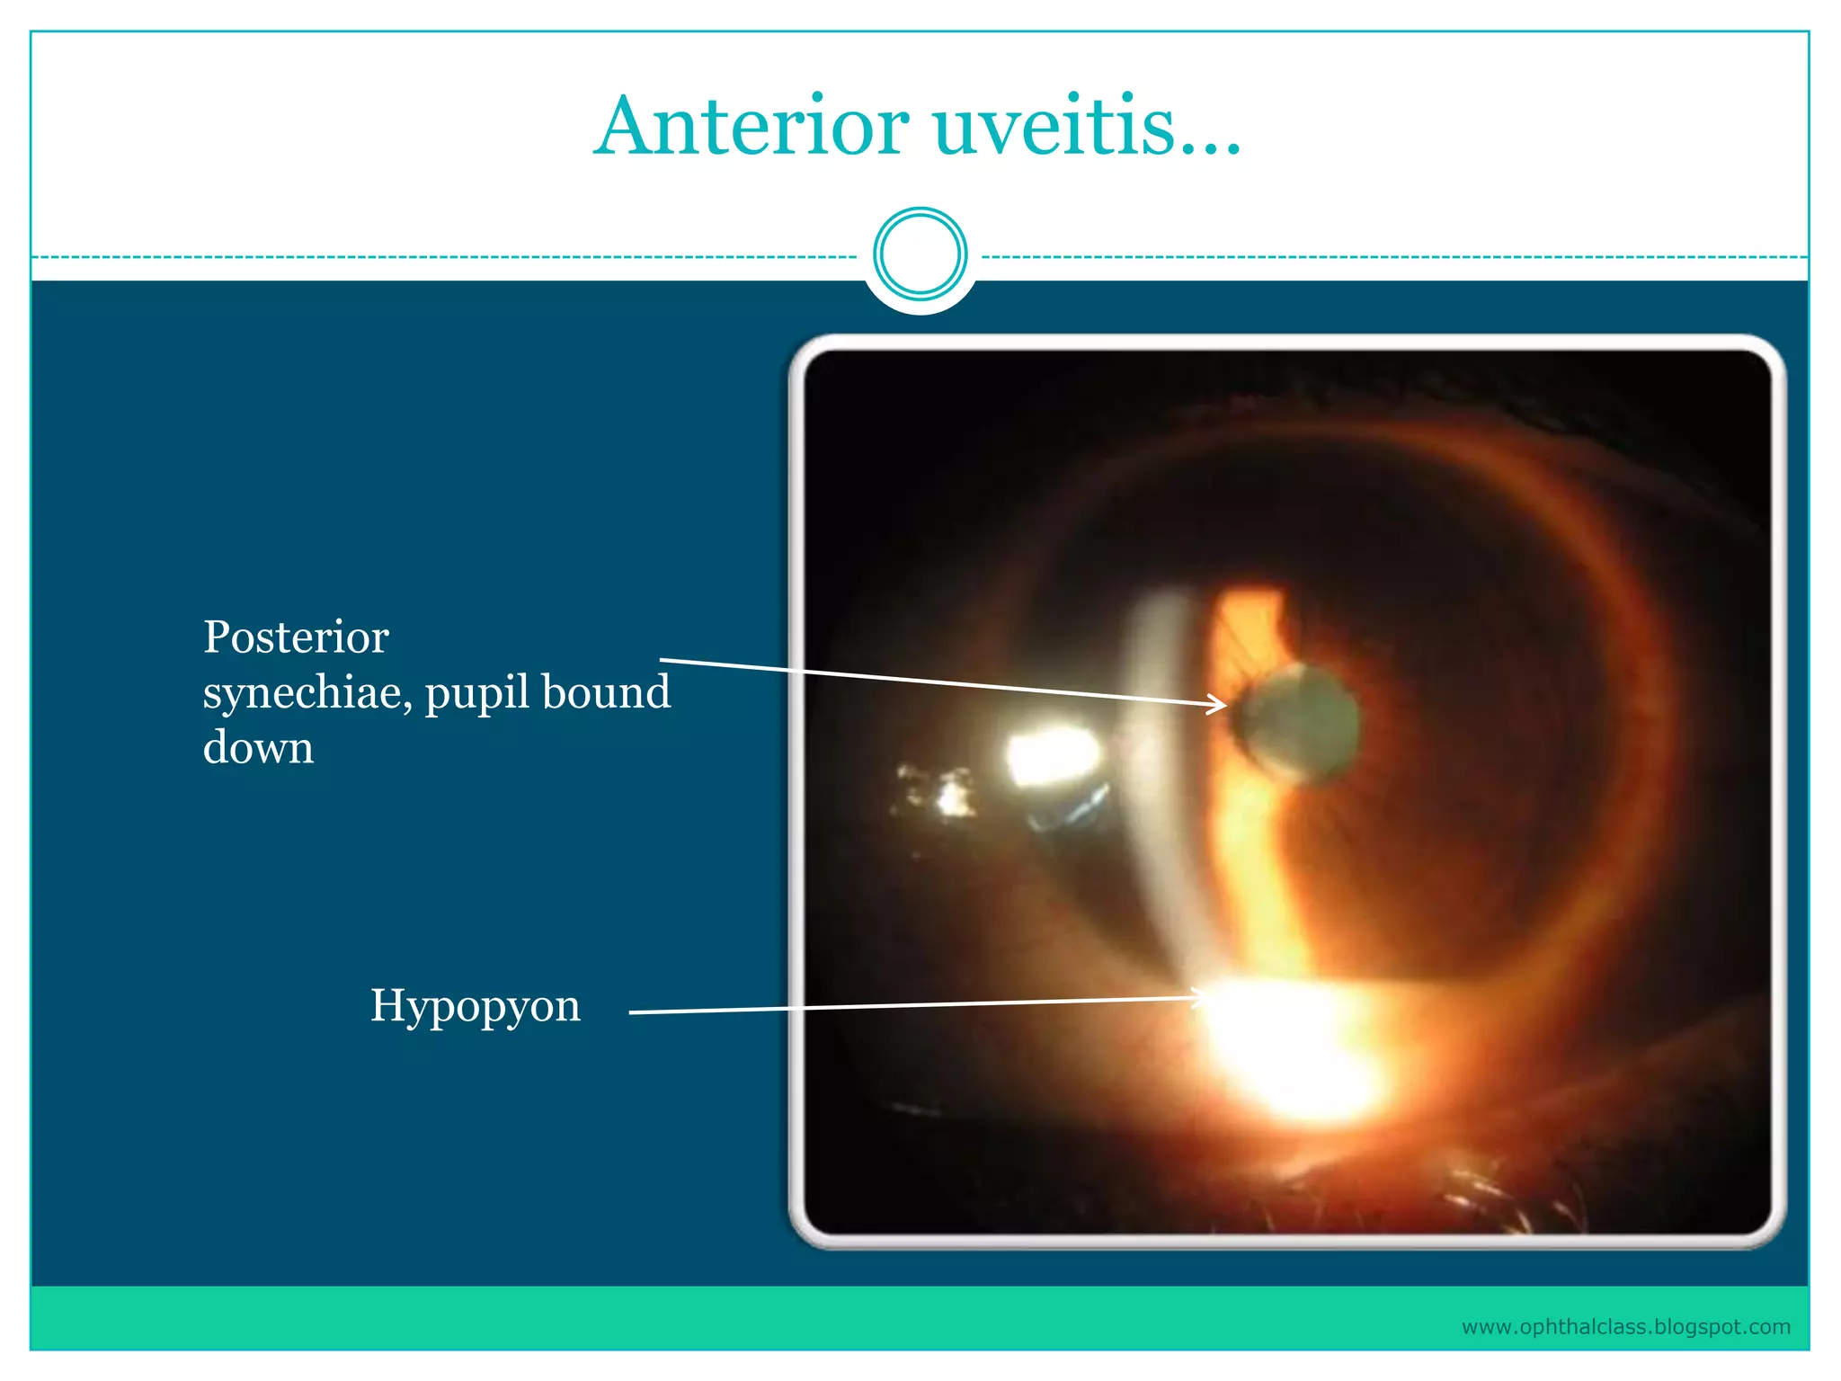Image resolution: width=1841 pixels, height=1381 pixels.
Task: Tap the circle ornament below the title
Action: point(920,254)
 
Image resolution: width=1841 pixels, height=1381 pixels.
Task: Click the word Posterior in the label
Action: point(296,637)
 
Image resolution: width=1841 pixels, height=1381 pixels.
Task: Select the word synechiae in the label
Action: point(306,693)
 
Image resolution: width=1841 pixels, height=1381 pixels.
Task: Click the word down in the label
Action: point(258,747)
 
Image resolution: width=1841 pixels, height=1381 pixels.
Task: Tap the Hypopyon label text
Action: point(475,1005)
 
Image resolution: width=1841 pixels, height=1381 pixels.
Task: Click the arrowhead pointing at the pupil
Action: point(1219,704)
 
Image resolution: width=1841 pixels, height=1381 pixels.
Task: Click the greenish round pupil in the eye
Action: point(1299,722)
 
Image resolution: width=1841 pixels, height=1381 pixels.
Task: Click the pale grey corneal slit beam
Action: point(1160,764)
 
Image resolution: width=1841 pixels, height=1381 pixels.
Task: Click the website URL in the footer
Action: point(1625,1327)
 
